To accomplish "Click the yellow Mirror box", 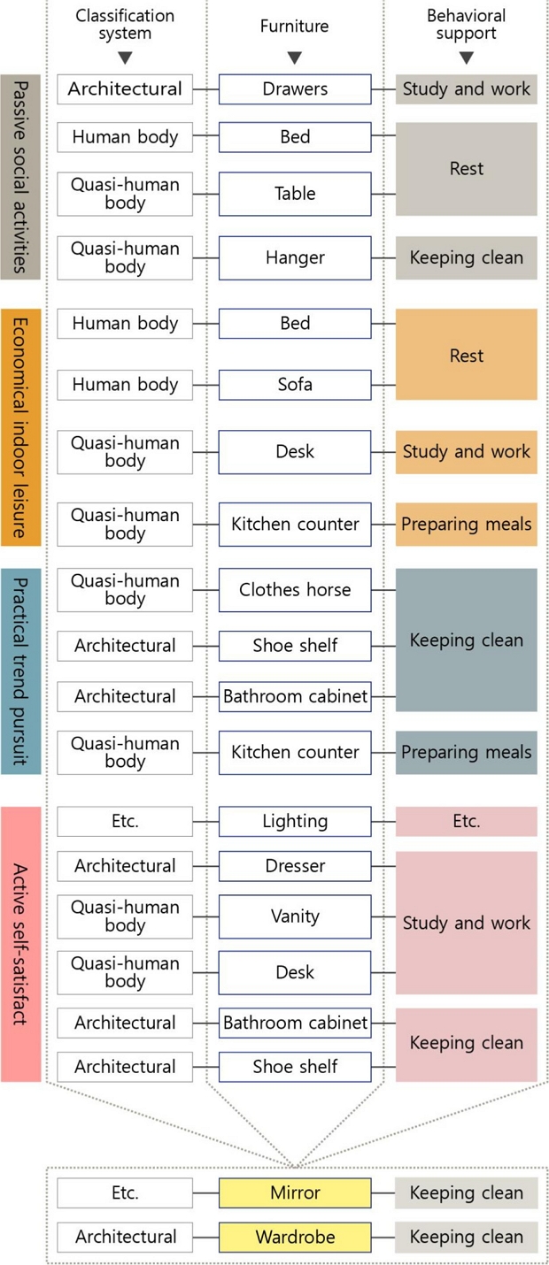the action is tap(295, 1192).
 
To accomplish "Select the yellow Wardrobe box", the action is tap(295, 1237).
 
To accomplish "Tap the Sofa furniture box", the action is tap(295, 385).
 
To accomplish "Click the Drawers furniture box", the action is tap(295, 88).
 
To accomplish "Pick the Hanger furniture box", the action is tap(295, 258).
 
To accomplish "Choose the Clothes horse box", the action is tap(295, 589).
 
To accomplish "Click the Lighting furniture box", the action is tap(295, 821).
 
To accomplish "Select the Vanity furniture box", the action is tap(295, 916).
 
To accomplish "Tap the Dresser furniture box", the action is tap(295, 866).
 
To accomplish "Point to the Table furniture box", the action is tap(295, 194).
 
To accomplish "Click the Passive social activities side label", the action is tap(20, 177).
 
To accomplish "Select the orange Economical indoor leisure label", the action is tap(20, 427).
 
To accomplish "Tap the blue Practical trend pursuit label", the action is tap(20, 671).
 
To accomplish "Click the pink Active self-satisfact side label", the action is tap(20, 944).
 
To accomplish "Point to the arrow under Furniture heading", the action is tap(295, 57).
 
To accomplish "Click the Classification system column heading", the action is tap(125, 24).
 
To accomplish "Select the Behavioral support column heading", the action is tap(467, 24).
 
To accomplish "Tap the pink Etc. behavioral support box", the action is tap(467, 821).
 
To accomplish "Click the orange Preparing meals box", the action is tap(467, 524).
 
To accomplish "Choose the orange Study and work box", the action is tap(467, 452).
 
